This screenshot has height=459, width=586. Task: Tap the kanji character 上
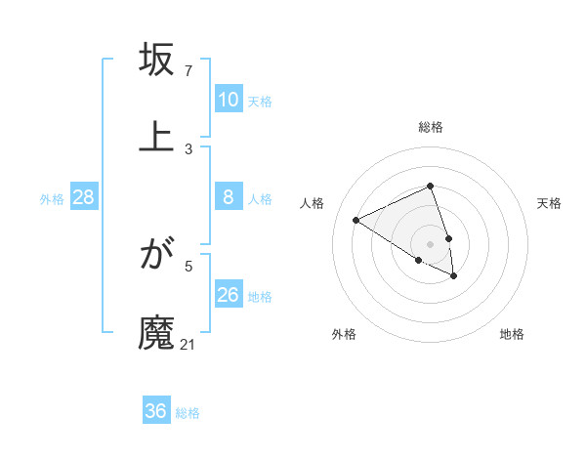pyautogui.click(x=157, y=136)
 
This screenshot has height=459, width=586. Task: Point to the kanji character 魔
pyautogui.click(x=157, y=332)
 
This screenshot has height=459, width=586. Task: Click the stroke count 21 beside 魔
pyautogui.click(x=188, y=344)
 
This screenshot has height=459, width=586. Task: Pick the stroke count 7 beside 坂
pyautogui.click(x=188, y=70)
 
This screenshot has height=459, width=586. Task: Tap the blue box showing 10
pyautogui.click(x=229, y=100)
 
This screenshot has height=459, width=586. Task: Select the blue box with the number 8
pyautogui.click(x=229, y=197)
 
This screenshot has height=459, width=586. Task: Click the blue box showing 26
pyautogui.click(x=229, y=295)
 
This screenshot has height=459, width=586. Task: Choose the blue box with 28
pyautogui.click(x=84, y=197)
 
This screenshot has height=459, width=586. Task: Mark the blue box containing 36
pyautogui.click(x=156, y=411)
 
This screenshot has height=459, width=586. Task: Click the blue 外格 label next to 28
pyautogui.click(x=52, y=199)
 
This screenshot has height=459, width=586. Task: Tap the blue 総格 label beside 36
pyautogui.click(x=188, y=413)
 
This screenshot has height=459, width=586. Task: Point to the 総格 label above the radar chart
pyautogui.click(x=431, y=127)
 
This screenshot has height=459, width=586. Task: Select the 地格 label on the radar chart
pyautogui.click(x=512, y=334)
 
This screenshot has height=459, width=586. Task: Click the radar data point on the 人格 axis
pyautogui.click(x=356, y=220)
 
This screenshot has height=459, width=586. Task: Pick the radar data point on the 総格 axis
pyautogui.click(x=431, y=186)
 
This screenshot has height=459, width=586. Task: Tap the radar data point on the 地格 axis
pyautogui.click(x=454, y=276)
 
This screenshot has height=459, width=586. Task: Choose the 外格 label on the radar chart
pyautogui.click(x=344, y=334)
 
